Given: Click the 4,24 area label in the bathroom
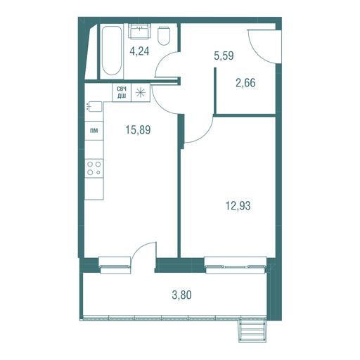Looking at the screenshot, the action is (139, 51).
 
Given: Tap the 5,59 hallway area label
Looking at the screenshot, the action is (224, 56).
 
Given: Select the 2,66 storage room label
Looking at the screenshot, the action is (245, 83).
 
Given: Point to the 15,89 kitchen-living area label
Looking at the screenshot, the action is (138, 129).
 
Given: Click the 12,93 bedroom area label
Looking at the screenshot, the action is (238, 206).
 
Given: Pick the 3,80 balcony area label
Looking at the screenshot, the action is (182, 295).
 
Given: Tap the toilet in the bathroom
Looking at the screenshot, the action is (164, 36).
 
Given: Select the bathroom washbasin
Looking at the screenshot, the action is (140, 31).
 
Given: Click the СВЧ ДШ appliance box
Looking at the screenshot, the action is (122, 92).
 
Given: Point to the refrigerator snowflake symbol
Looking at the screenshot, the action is (141, 92).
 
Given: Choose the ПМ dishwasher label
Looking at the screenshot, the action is (94, 131).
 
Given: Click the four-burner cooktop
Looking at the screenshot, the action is (94, 168).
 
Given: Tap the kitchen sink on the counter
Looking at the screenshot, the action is (94, 106).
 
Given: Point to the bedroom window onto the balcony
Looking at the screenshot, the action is (236, 266).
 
